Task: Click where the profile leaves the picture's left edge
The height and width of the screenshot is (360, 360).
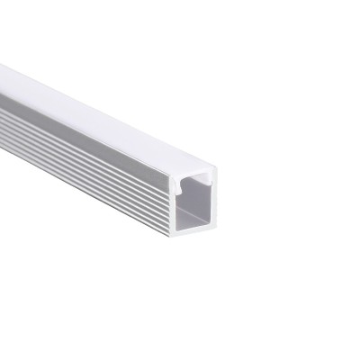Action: (x=3, y=99)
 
